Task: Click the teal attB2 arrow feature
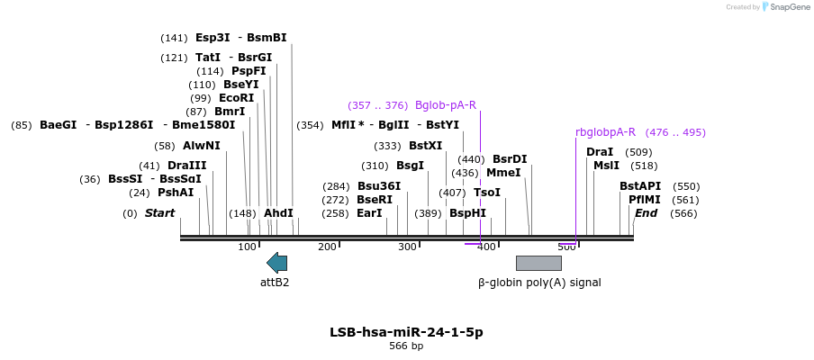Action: [276, 263]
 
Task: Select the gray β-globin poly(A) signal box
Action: [538, 263]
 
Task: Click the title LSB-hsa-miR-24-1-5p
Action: [406, 332]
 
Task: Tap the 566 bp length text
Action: [406, 346]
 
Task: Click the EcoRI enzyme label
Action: [236, 98]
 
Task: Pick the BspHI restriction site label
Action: [467, 213]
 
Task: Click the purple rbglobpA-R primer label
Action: [605, 132]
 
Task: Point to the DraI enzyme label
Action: [600, 152]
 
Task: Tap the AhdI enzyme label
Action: [278, 213]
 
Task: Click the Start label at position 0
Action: [159, 213]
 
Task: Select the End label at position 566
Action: [646, 213]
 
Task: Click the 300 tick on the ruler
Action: [407, 247]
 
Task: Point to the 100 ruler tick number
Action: [248, 247]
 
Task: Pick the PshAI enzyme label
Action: [176, 193]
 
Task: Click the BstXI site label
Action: [425, 146]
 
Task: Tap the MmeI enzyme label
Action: [503, 173]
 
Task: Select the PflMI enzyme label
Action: [645, 200]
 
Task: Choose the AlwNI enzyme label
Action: [201, 146]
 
